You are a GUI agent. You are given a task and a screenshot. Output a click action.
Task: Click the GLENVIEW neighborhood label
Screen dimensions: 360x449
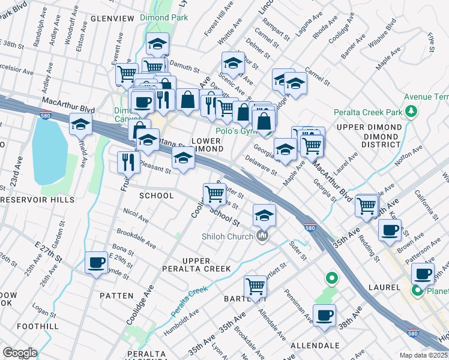tap(112, 19)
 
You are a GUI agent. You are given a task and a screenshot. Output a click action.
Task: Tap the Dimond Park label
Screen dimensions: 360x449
tap(164, 18)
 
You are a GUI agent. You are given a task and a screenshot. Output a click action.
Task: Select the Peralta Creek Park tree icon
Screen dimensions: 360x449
tap(411, 111)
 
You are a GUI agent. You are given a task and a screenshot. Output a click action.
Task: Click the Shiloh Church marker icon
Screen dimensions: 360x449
tap(262, 236)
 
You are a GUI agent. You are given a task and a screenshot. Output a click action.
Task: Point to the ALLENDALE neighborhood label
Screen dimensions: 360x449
tap(315, 346)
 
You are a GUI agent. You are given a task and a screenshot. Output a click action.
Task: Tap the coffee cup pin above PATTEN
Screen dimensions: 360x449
tap(96, 262)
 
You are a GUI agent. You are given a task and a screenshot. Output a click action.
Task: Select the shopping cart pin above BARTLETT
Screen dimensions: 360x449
tap(256, 286)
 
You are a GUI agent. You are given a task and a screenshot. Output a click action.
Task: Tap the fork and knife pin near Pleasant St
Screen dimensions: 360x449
tap(128, 161)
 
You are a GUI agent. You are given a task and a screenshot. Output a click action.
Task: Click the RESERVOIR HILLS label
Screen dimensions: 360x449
tap(37, 200)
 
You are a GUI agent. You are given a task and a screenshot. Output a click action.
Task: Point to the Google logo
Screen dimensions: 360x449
tap(20, 353)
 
